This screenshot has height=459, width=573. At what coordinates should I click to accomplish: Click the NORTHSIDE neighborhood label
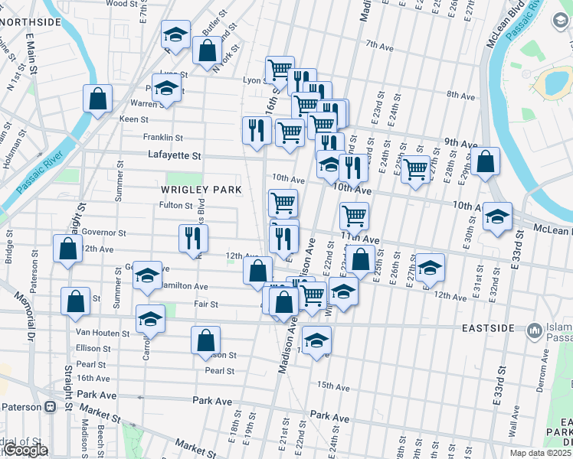pyautogui.click(x=31, y=21)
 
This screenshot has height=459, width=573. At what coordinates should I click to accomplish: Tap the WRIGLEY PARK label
pyautogui.click(x=201, y=189)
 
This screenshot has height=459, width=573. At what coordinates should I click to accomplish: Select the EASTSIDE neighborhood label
pyautogui.click(x=488, y=327)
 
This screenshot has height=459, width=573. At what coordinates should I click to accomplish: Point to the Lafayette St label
pyautogui.click(x=174, y=155)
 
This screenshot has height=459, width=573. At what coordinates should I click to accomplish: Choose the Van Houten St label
pyautogui.click(x=104, y=333)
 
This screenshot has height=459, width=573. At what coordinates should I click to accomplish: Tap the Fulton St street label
pyautogui.click(x=175, y=205)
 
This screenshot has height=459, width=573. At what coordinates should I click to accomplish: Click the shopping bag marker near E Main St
pyautogui.click(x=98, y=99)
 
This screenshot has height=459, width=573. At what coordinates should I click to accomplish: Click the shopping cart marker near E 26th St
pyautogui.click(x=415, y=170)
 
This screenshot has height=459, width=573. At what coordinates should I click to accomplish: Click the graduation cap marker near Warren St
pyautogui.click(x=166, y=88)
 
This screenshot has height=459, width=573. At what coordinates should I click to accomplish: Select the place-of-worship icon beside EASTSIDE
pyautogui.click(x=533, y=330)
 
